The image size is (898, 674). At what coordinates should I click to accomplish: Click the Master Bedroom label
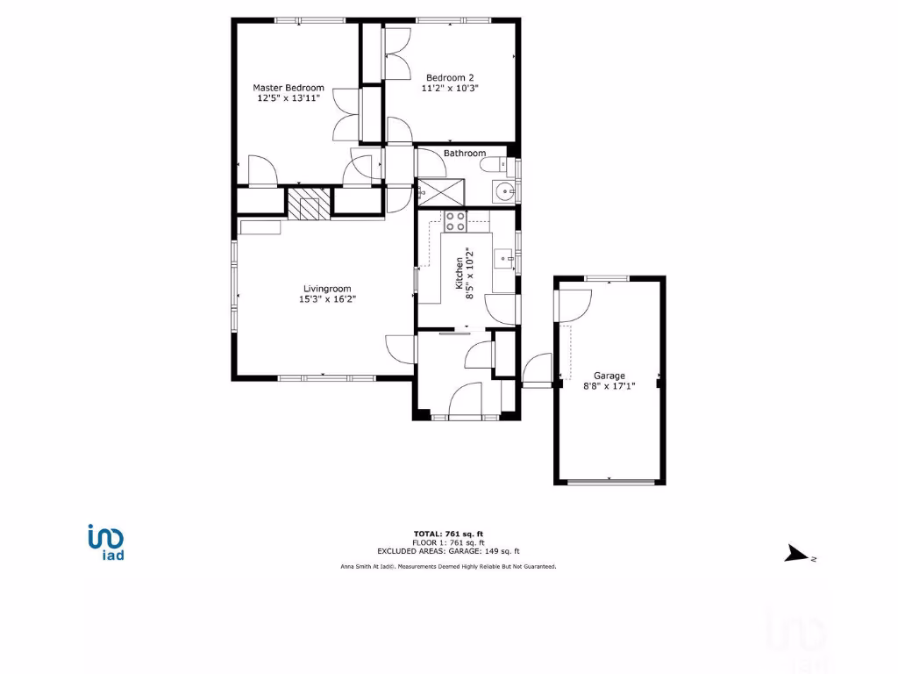[289, 88]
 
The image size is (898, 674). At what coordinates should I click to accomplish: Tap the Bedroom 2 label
[450, 77]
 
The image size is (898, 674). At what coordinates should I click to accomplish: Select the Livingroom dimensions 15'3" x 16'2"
[327, 299]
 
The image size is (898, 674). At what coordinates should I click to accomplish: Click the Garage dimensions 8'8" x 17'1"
[609, 385]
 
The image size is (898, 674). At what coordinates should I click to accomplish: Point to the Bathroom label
[464, 154]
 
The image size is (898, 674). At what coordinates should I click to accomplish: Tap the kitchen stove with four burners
[455, 220]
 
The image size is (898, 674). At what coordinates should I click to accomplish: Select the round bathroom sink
[503, 191]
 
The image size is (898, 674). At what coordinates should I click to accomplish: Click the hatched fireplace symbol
[310, 204]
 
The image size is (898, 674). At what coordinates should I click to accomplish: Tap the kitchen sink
[503, 258]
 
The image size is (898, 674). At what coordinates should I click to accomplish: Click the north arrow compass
[798, 554]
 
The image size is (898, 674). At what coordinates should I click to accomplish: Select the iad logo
[106, 541]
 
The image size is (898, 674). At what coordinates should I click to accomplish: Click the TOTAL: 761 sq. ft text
[448, 534]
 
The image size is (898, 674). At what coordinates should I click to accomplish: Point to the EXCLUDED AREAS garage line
[448, 551]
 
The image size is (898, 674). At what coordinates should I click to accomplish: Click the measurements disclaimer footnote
[448, 567]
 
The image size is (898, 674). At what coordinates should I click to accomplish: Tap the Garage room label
[609, 376]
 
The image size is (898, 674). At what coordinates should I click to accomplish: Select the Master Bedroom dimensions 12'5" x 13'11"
[289, 98]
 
